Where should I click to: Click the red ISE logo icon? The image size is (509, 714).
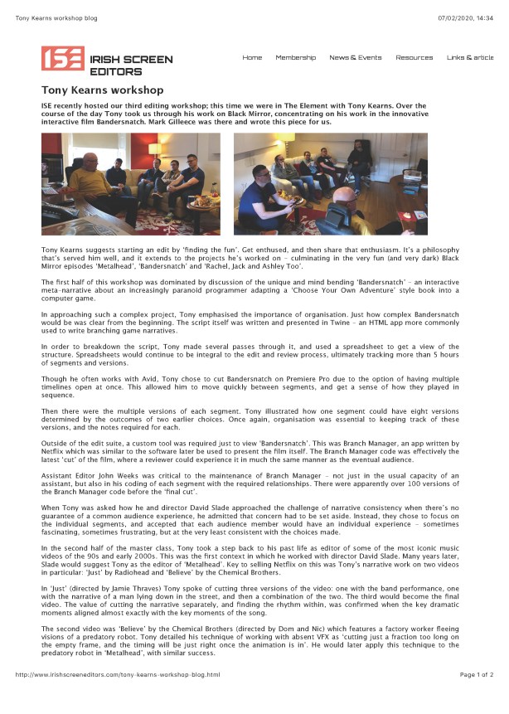(x=62, y=59)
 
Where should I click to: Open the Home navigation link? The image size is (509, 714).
(x=252, y=57)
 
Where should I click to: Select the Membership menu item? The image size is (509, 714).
(x=295, y=57)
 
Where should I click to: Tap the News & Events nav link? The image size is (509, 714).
(x=355, y=57)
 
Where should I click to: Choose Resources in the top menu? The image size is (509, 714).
(x=414, y=57)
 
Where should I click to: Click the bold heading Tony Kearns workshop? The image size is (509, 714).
(x=102, y=90)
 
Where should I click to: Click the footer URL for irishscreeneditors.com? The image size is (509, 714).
(x=118, y=698)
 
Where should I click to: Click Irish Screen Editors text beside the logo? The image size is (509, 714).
(x=130, y=65)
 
